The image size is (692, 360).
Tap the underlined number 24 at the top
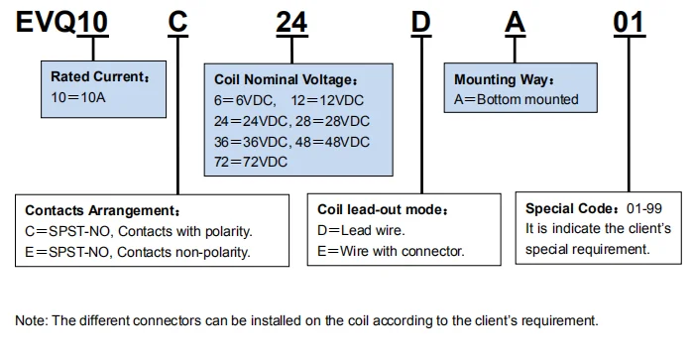pos(291,23)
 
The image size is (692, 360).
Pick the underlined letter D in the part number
pos(423,23)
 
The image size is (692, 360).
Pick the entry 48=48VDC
pos(332,141)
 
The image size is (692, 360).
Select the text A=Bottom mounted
pos(515,99)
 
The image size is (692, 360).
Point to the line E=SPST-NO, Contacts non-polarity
pos(137,252)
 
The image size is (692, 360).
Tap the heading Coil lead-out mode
pos(382,210)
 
